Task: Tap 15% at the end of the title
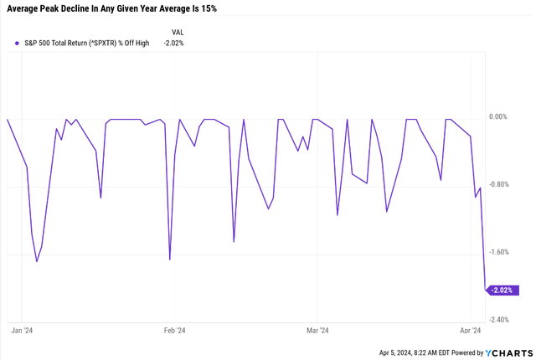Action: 207,9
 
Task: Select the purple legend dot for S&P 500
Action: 17,43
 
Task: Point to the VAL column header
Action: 177,31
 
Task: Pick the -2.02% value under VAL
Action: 172,43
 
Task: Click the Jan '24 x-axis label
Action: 23,331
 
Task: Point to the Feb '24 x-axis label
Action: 174,331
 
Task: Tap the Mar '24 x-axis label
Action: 317,331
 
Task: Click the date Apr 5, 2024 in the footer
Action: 403,353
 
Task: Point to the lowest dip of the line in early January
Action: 37,261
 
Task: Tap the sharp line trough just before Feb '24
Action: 170,260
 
